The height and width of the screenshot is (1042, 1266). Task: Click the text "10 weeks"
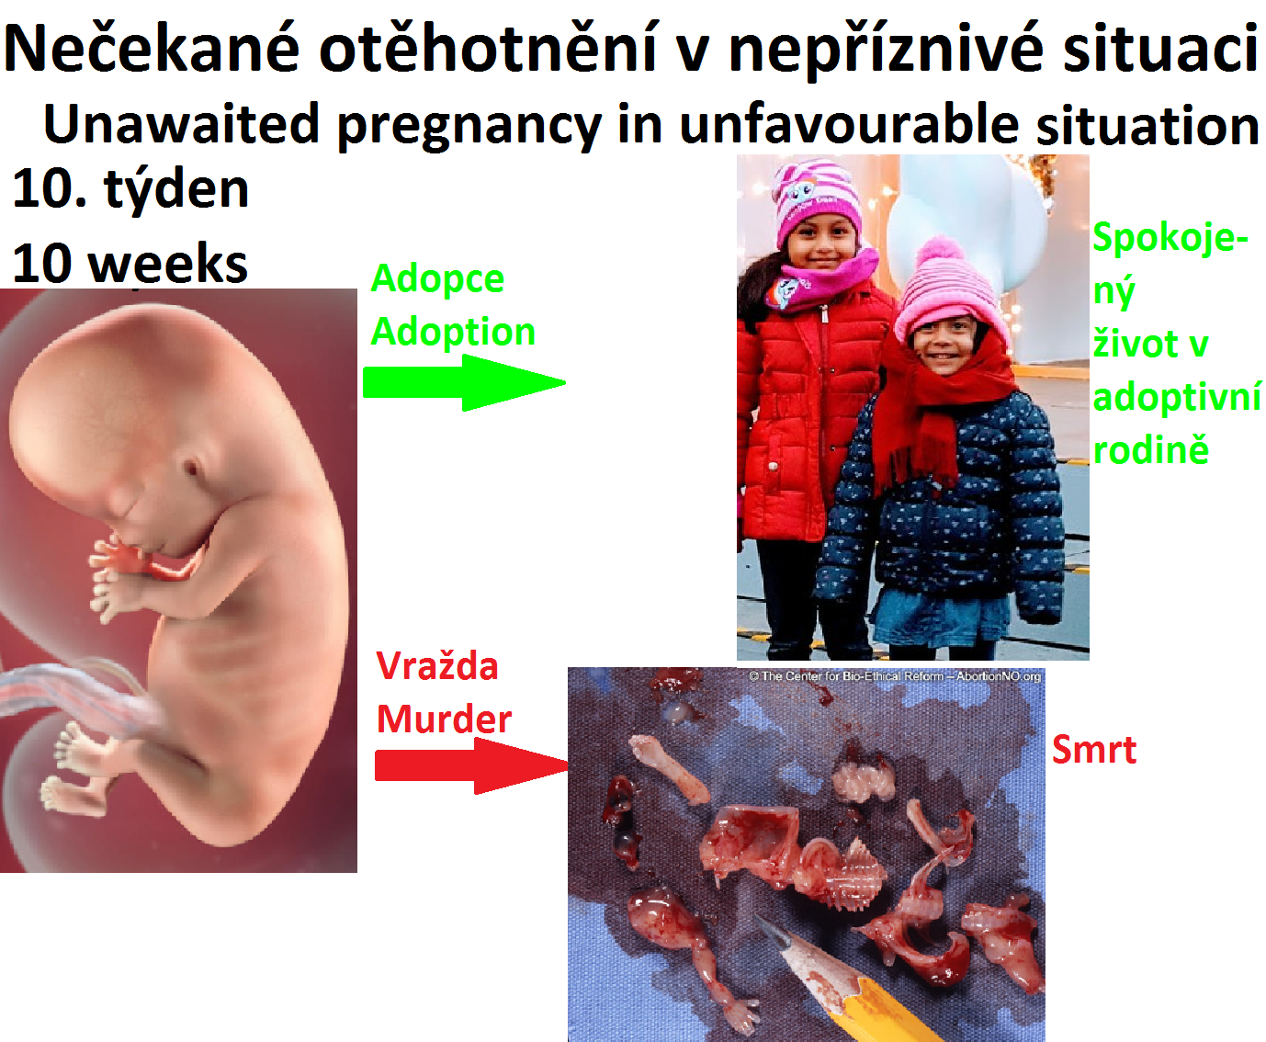pos(130,264)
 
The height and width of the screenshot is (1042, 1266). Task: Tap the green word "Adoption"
pos(453,332)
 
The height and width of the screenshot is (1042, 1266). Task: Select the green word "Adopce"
pos(437,279)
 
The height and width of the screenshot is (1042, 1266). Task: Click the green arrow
pos(464,382)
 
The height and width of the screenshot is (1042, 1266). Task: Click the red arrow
pos(472,765)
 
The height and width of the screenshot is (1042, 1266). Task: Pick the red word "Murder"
pos(444,719)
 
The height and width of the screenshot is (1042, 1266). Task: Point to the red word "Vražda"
pos(437,667)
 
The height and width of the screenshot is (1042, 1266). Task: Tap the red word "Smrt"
pos(1094,750)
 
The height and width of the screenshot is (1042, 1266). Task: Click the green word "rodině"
pos(1151,449)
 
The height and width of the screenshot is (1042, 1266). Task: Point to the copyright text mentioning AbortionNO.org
pos(895,676)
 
